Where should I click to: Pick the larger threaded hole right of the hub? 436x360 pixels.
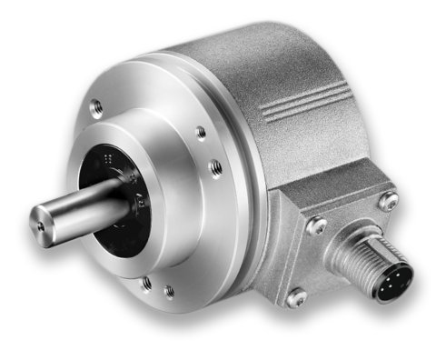click(214, 168)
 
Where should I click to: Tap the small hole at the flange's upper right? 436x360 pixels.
click(201, 133)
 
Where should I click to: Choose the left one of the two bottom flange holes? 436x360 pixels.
click(146, 283)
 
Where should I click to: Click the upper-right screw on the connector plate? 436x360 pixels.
click(389, 203)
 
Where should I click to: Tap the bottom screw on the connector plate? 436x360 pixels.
click(295, 296)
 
